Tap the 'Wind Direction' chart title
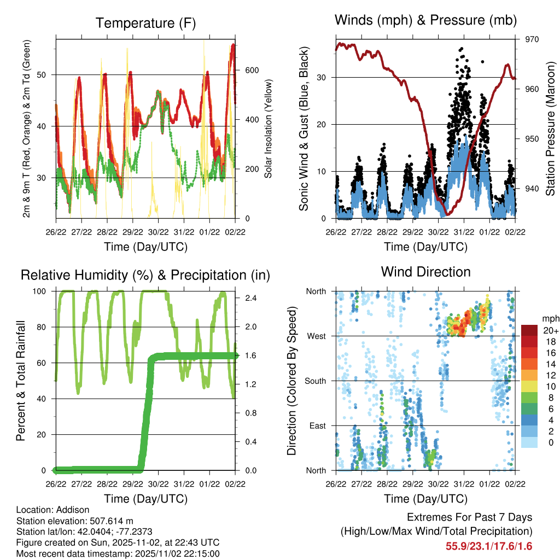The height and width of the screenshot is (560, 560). (425, 271)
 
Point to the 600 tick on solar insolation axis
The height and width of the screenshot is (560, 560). (251, 70)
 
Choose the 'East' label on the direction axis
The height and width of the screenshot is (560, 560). (317, 425)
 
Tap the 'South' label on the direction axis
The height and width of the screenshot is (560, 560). (314, 381)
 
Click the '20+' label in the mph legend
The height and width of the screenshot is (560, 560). (550, 330)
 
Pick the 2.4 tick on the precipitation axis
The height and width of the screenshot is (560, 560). (248, 298)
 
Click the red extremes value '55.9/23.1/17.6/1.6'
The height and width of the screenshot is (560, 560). (489, 546)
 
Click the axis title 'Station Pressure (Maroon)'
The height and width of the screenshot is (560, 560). (550, 129)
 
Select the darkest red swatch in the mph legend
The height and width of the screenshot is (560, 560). (529, 330)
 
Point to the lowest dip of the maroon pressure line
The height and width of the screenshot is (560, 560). (447, 214)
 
